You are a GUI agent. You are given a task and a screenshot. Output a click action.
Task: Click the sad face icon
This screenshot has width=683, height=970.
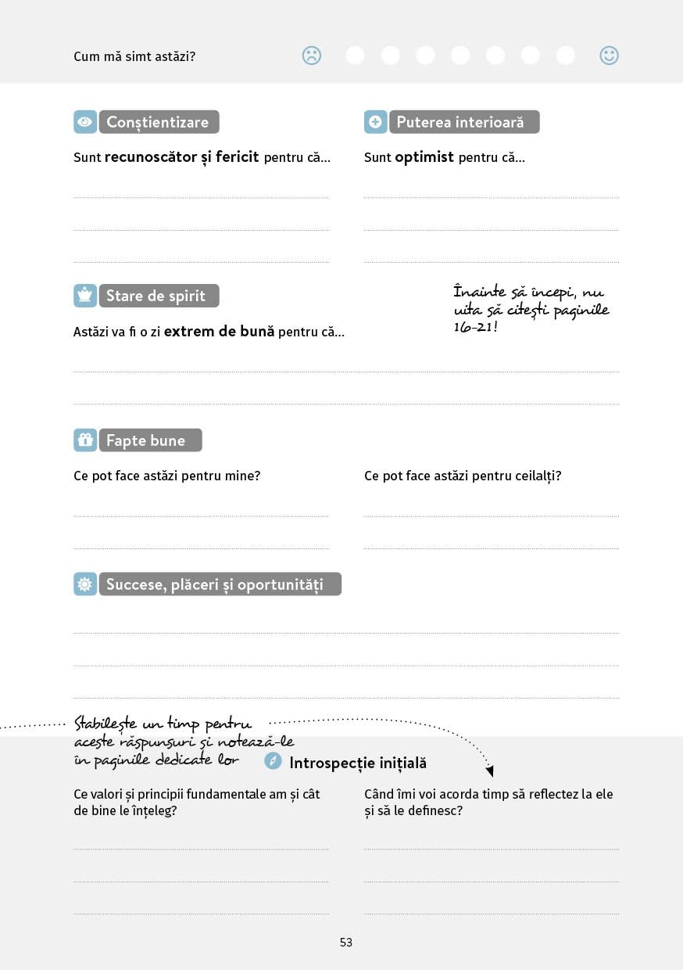pos(312,56)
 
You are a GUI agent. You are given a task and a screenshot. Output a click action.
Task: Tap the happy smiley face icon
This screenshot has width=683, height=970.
pos(609,56)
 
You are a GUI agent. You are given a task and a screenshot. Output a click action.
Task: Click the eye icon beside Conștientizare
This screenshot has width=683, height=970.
pos(85,122)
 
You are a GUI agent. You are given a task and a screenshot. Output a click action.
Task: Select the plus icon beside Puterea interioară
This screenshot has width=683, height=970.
pos(376,122)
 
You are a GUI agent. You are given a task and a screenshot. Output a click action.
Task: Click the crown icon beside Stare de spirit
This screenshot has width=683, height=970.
pos(85,296)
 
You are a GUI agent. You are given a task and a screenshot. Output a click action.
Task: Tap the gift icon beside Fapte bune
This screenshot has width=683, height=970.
pos(85,440)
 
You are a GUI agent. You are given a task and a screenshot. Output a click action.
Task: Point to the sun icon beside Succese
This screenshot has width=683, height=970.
pos(85,584)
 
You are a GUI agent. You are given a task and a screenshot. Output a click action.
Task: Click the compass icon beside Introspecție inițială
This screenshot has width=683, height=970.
pos(273,760)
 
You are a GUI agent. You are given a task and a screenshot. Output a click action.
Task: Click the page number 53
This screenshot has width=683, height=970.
pos(346,943)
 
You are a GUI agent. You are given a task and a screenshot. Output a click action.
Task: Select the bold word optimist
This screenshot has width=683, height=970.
pos(424,157)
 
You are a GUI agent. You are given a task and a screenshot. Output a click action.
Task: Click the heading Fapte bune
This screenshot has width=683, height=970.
pos(145,440)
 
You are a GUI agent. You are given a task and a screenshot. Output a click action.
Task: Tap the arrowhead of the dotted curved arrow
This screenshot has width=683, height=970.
pos(490,771)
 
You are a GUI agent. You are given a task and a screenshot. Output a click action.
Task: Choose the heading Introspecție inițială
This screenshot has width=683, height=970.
pos(358,763)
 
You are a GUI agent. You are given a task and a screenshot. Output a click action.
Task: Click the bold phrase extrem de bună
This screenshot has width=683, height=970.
pos(219,332)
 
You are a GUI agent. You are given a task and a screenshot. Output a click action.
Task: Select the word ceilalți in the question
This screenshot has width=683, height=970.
pos(535,476)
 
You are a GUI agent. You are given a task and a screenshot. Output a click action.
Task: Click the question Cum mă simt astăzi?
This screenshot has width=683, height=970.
pos(134,56)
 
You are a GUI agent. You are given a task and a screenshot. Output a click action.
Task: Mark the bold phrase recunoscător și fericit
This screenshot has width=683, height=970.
pos(181,157)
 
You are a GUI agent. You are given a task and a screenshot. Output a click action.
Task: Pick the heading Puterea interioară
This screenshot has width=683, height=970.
pos(460,122)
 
